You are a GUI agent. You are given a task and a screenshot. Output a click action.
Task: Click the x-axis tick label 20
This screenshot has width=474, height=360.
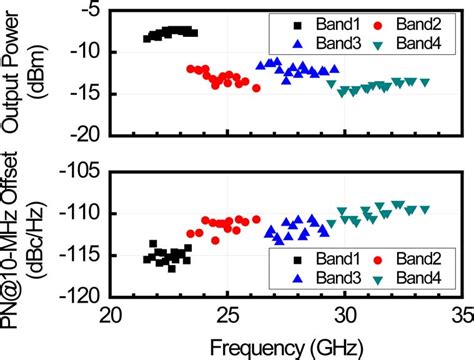(110, 315)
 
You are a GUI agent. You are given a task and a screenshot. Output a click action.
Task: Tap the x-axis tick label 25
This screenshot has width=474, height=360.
(228, 315)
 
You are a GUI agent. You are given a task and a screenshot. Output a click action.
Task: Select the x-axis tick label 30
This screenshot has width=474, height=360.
(346, 315)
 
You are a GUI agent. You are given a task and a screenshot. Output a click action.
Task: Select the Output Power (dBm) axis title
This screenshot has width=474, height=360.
(22, 70)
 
